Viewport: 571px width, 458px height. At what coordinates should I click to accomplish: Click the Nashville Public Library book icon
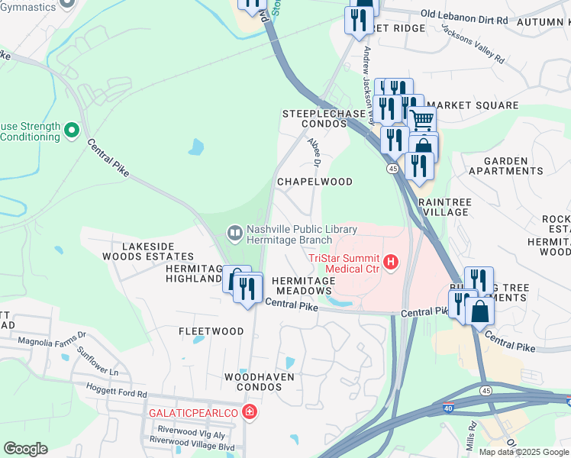click(235, 231)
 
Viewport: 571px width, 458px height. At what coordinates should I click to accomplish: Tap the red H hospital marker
click(392, 263)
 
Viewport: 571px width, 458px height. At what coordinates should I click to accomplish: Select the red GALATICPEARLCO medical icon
click(248, 412)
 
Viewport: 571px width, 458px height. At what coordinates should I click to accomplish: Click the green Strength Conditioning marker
click(73, 131)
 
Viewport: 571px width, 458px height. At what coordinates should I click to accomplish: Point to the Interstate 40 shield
click(448, 409)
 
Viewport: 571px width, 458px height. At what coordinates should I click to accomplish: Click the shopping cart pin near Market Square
click(421, 120)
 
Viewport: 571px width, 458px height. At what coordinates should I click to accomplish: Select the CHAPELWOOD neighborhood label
click(315, 182)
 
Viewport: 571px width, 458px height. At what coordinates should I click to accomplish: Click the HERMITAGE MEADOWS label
click(303, 285)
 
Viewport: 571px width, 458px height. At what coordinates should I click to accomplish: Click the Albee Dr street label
click(315, 150)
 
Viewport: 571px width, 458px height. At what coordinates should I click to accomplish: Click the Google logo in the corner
click(26, 449)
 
